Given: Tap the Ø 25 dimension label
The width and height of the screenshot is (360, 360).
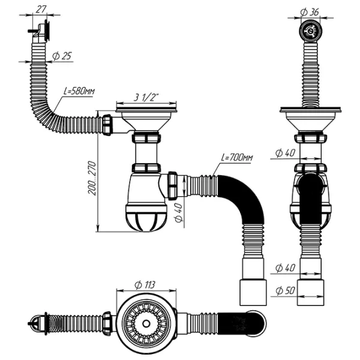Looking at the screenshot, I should pos(62,56).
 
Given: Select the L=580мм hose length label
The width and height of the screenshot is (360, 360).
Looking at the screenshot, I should pos(80,92).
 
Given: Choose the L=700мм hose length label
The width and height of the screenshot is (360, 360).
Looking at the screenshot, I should pos(237,158).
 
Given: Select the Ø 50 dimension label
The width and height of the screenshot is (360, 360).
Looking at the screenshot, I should pos(286,291).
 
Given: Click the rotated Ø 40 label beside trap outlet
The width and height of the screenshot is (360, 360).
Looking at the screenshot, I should pos(178,213).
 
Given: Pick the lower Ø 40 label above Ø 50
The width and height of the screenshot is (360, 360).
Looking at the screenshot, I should pos(286,267).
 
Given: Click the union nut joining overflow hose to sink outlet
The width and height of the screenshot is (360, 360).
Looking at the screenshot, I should pos(107,125).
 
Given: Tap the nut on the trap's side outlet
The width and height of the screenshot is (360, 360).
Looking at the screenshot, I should pos(173,185).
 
